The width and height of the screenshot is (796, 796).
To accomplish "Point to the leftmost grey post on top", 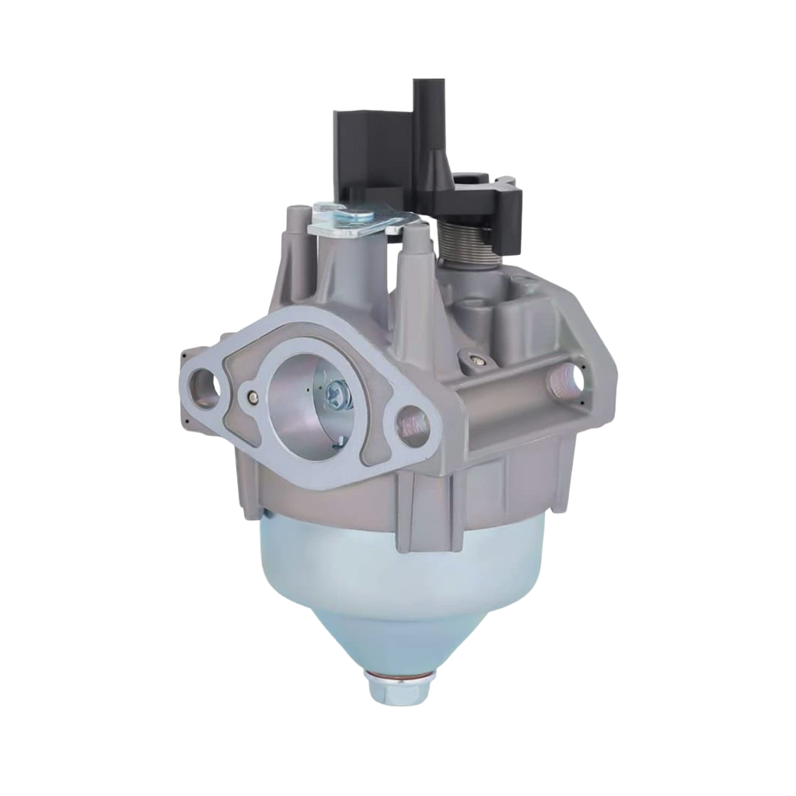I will [x=297, y=233].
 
